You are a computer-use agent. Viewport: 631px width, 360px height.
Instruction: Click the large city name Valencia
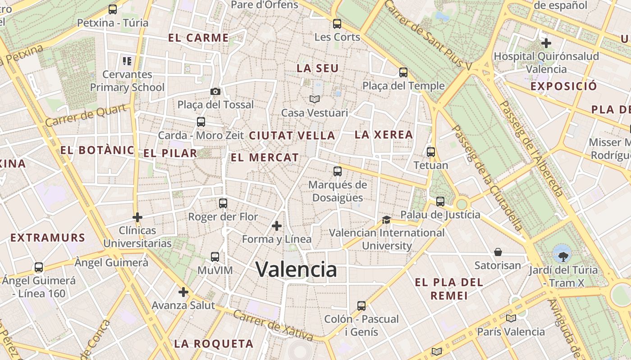296,269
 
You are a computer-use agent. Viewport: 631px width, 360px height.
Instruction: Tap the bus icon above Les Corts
337,24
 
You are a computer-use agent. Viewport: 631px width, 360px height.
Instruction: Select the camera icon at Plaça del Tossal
215,92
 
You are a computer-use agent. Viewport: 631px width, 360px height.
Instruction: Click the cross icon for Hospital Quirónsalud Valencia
546,43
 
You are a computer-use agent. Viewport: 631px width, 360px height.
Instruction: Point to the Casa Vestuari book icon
314,99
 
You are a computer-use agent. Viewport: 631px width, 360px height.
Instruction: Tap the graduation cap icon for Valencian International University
386,220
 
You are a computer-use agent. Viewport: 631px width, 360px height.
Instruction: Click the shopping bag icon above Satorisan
498,252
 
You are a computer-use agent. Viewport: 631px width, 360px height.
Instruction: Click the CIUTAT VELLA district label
292,135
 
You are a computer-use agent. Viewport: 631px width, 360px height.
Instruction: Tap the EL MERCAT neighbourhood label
265,157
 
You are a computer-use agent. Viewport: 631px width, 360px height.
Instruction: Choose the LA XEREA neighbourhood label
384,135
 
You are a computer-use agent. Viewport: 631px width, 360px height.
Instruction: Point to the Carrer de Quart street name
86,115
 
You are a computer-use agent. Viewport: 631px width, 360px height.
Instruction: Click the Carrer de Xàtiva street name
273,325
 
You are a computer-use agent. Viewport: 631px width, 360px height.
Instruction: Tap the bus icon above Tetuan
431,152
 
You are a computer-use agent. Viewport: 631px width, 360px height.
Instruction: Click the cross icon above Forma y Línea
277,225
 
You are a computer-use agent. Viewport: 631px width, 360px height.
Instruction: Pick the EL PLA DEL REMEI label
449,289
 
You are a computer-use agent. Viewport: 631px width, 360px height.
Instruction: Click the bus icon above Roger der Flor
223,203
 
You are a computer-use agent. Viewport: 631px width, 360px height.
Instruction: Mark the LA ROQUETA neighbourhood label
214,344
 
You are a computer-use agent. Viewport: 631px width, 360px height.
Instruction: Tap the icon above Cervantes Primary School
127,61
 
